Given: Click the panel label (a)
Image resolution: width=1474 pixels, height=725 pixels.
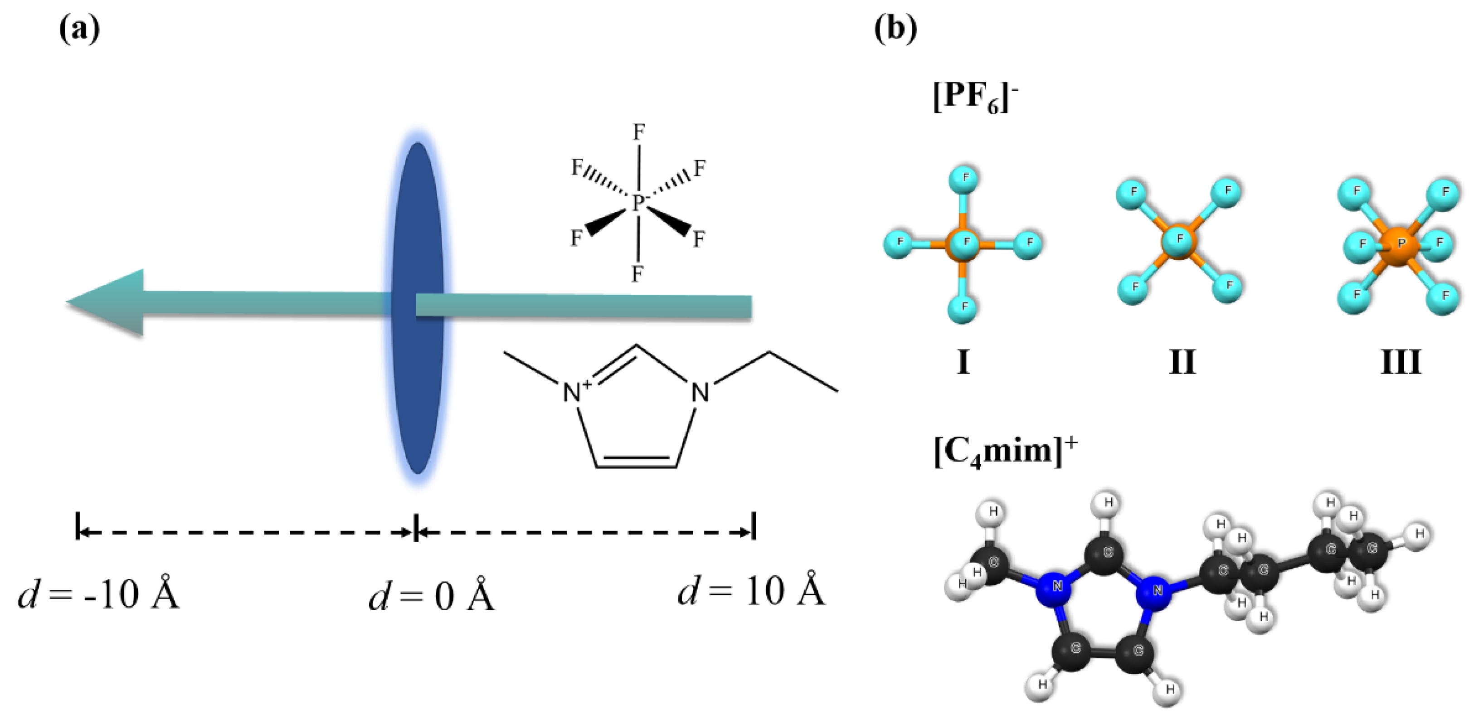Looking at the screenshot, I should tap(79, 29).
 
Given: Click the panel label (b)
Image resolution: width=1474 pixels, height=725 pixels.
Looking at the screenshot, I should tap(895, 29).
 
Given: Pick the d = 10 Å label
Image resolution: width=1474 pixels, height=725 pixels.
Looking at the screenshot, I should tap(751, 592).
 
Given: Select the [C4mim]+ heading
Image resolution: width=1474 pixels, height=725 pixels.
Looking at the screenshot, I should tap(1005, 452).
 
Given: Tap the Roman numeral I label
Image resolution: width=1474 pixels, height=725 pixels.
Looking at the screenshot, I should tap(963, 362).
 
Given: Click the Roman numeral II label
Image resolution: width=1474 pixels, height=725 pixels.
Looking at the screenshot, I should tap(1182, 362).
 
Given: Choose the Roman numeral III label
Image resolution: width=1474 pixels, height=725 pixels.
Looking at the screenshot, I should tap(1401, 362).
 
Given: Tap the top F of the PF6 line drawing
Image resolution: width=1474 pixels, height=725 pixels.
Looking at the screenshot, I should tap(638, 133).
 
